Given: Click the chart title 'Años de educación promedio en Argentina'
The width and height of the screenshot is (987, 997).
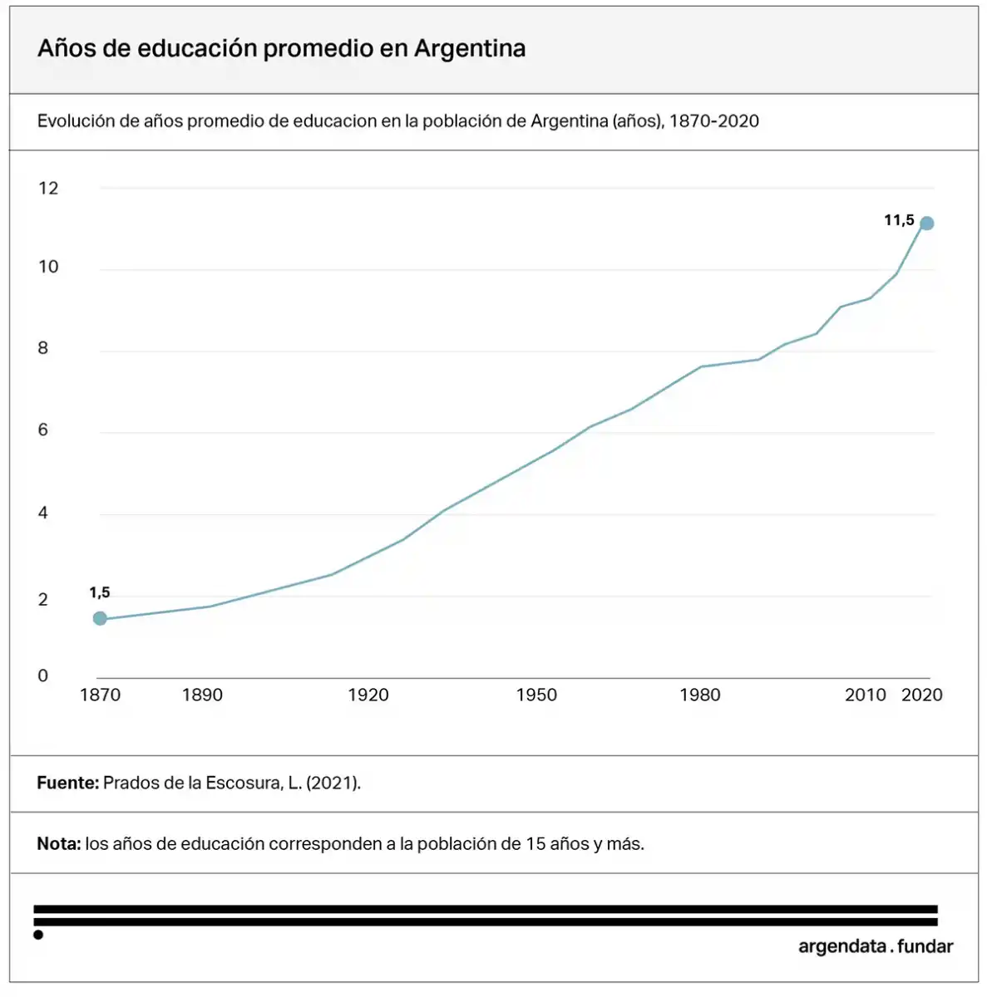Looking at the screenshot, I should point(281,48).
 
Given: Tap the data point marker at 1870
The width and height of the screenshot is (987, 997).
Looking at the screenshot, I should point(100,618).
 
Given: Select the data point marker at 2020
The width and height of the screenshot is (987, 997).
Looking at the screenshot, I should point(927,223).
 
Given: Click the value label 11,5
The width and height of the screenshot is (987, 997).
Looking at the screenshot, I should point(899,220).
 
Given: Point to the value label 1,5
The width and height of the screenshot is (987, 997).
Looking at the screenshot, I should point(100,592).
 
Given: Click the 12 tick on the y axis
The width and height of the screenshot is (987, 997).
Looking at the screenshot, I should point(48,188).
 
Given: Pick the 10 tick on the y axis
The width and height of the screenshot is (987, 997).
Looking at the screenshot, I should point(48,267).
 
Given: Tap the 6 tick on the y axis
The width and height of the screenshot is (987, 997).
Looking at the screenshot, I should point(43,430).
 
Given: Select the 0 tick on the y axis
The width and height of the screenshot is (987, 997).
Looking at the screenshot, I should point(43,675).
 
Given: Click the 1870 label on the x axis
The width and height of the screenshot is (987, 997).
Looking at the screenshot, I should point(100,695).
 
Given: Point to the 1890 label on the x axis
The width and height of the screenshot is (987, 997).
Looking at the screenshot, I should point(202,695).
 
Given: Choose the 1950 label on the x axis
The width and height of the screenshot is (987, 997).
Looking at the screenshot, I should point(536,695).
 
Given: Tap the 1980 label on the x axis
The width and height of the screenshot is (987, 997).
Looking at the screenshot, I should point(700,695).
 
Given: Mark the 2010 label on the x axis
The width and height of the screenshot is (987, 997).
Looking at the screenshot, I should point(866,695).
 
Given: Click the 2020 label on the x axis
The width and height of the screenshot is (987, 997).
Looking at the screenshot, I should point(922,695).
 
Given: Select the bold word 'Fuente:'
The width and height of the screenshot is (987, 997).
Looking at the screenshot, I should point(67,783).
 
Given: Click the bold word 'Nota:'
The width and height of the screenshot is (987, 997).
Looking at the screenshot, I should point(59,844).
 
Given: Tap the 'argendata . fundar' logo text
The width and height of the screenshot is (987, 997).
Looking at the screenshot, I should point(876,946).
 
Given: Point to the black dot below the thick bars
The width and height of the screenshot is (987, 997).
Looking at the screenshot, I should point(38,936).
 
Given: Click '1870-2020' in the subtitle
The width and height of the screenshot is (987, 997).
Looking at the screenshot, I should point(714,121).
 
